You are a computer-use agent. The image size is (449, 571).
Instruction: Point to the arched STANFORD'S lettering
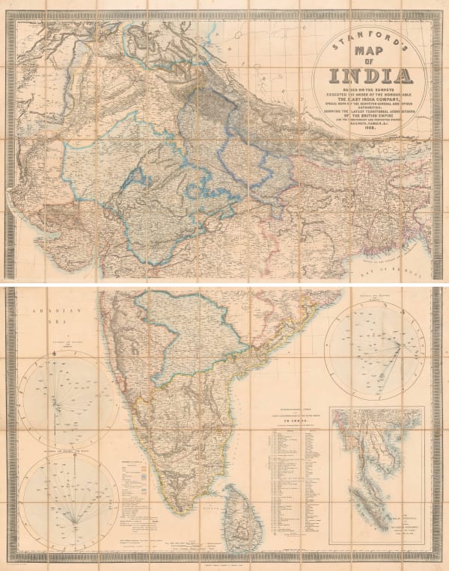click(370, 34)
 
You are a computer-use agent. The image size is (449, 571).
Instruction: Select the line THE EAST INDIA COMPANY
click(370, 102)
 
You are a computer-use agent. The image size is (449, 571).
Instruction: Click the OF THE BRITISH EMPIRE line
click(370, 119)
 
